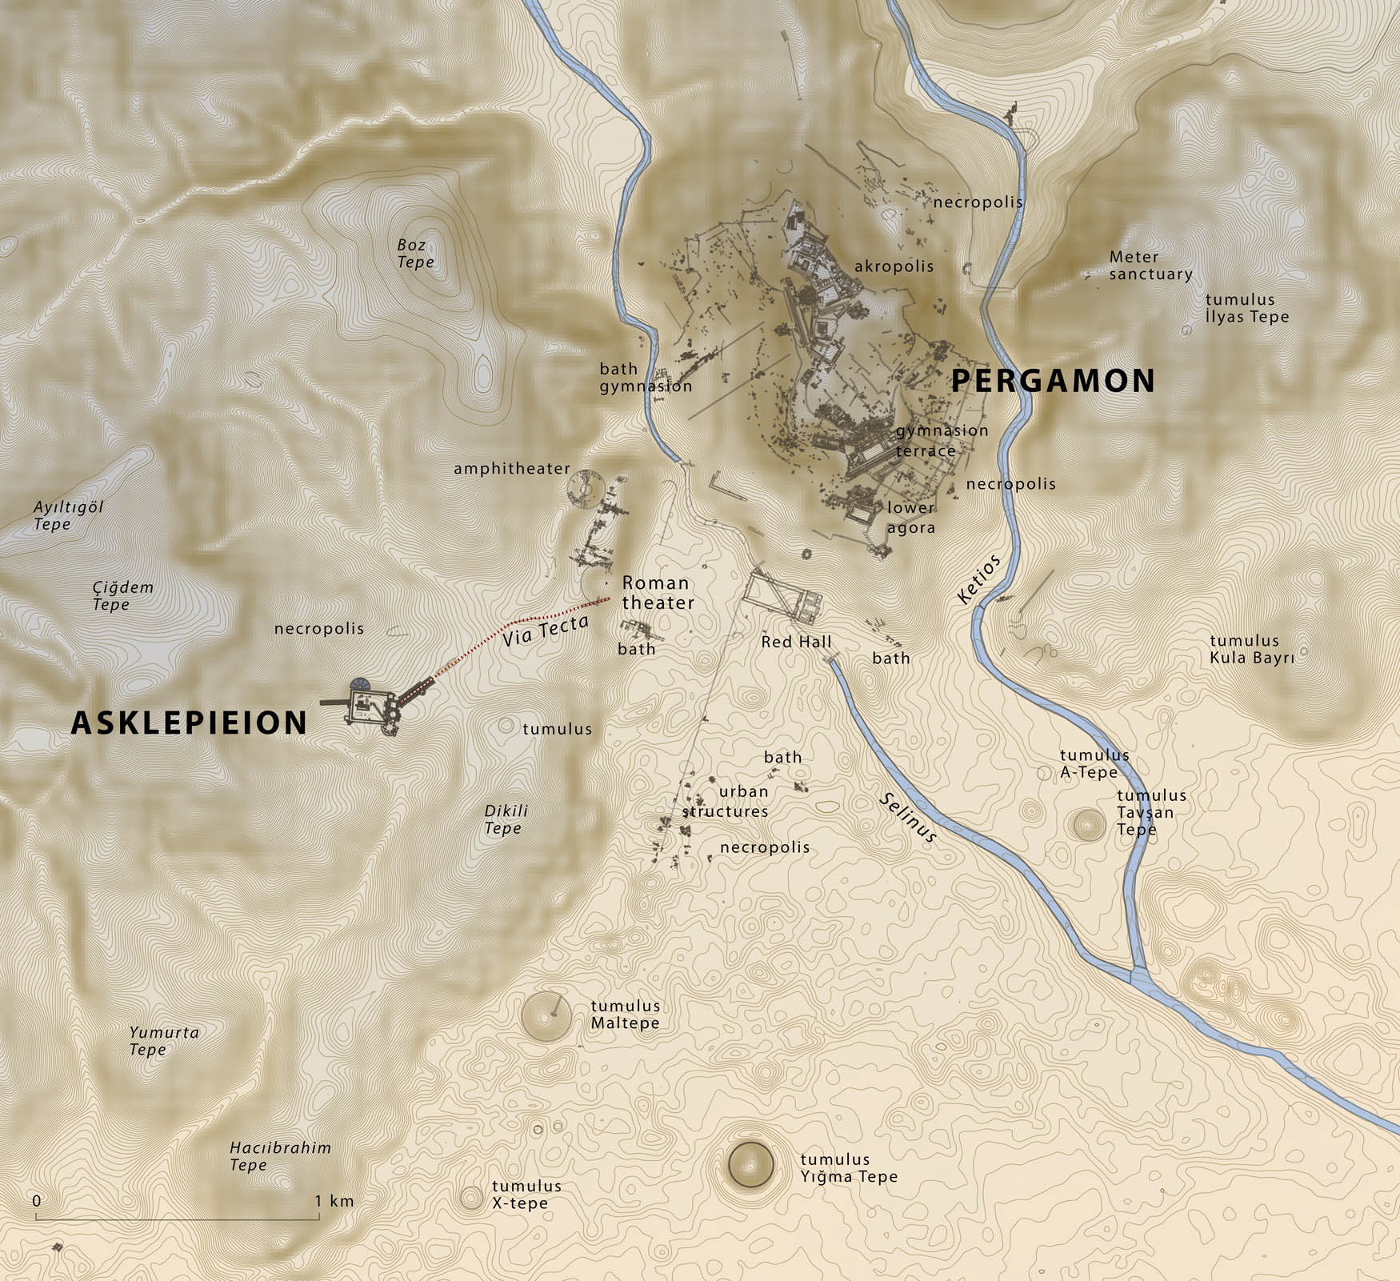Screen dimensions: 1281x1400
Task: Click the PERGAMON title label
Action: [1053, 381]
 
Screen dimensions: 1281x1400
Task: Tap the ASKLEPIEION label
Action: [190, 723]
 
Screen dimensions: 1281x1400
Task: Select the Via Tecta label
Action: [546, 630]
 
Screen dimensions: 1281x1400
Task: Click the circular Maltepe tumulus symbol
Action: [546, 1016]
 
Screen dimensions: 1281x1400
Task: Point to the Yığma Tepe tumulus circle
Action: [750, 1164]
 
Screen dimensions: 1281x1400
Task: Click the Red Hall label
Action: [796, 642]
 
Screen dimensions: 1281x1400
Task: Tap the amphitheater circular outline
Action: [584, 489]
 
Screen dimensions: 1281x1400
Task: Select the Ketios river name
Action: [978, 579]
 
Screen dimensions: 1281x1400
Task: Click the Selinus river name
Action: [908, 818]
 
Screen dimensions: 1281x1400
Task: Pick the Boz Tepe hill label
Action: [415, 254]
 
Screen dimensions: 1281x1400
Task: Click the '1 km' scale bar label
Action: [334, 1201]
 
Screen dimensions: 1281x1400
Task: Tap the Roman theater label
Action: [658, 593]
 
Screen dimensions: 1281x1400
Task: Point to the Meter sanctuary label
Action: [1150, 266]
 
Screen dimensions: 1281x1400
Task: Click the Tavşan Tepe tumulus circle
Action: [1088, 824]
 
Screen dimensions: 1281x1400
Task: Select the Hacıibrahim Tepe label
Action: [280, 1156]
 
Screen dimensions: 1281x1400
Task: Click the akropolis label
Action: [894, 266]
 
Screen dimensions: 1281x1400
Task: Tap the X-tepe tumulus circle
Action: [471, 1198]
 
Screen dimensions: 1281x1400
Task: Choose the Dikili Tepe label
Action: [506, 819]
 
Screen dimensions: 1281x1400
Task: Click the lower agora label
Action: [910, 518]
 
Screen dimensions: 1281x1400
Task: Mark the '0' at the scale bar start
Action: [37, 1201]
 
